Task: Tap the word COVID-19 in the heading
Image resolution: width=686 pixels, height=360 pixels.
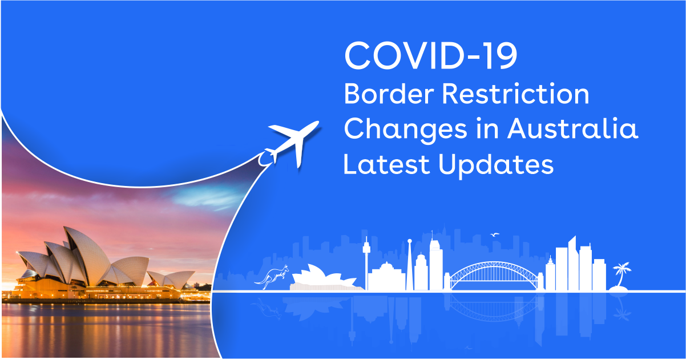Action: pyautogui.click(x=431, y=56)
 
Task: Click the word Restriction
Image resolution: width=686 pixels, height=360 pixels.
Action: pyautogui.click(x=515, y=94)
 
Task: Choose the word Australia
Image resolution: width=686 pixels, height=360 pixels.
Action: pyautogui.click(x=572, y=128)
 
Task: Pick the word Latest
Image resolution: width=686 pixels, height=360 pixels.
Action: pyautogui.click(x=386, y=164)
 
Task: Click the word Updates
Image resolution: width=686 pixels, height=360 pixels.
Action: pyautogui.click(x=496, y=165)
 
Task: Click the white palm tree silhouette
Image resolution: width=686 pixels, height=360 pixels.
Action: pyautogui.click(x=620, y=277)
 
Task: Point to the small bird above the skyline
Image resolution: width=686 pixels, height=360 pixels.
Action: pyautogui.click(x=494, y=234)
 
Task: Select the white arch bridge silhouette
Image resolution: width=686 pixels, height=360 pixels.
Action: pyautogui.click(x=494, y=274)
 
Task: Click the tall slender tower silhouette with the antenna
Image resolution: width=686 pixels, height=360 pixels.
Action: pyautogui.click(x=366, y=263)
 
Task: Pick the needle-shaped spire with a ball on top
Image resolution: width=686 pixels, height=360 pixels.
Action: pyautogui.click(x=409, y=265)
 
